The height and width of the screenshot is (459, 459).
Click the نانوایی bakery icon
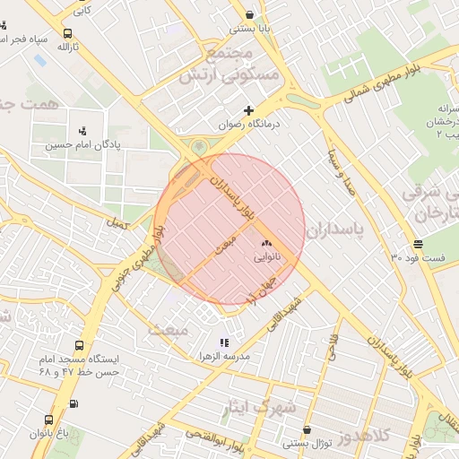(265, 243)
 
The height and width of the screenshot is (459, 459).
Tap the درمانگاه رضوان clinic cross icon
(249, 110)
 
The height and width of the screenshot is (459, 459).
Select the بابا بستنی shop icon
(249, 14)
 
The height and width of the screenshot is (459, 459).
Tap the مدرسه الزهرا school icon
(224, 342)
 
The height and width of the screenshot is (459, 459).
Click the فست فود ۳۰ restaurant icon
(419, 245)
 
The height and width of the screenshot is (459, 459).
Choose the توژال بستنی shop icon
(307, 430)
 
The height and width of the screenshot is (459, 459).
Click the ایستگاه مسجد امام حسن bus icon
(80, 345)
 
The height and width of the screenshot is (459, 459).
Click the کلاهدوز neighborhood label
(365, 437)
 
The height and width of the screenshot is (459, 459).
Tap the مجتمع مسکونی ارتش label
(218, 65)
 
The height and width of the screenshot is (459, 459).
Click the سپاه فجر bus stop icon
(28, 41)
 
